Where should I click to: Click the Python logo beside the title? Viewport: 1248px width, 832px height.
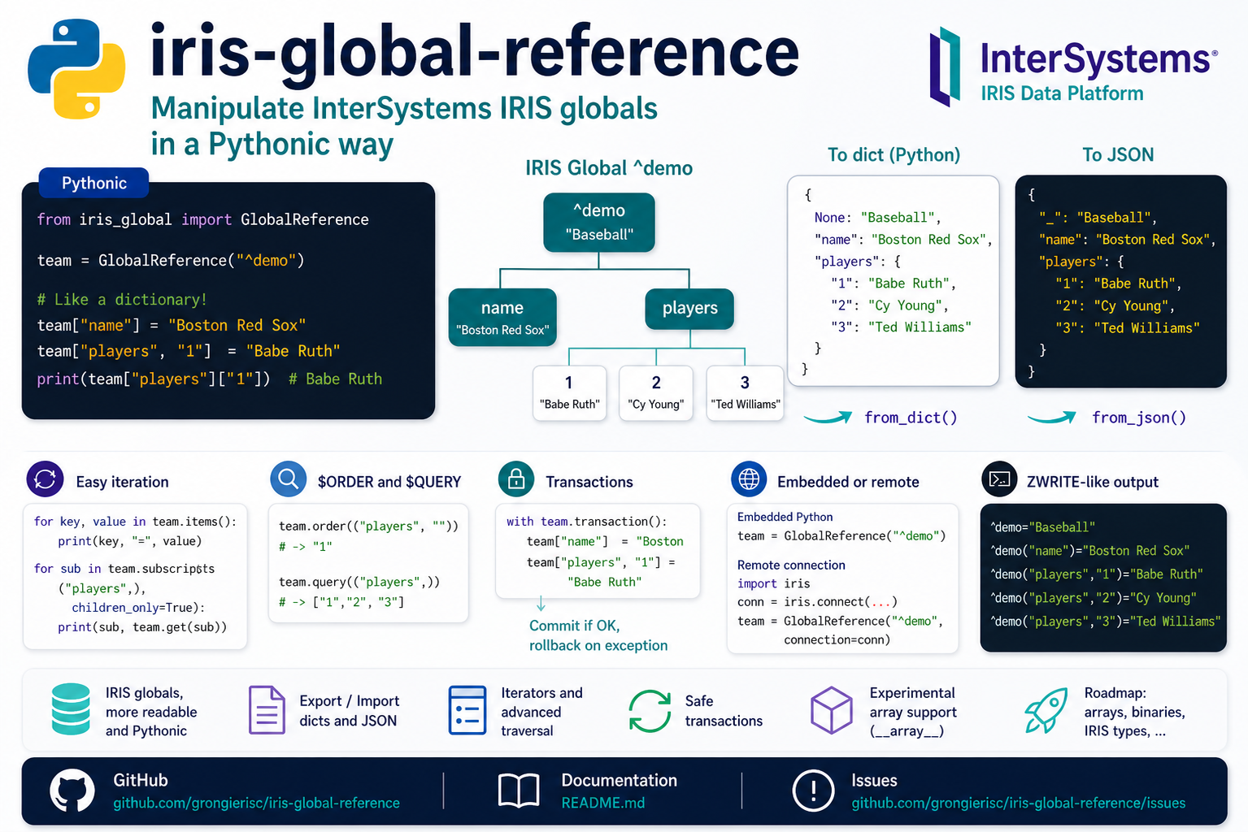point(76,69)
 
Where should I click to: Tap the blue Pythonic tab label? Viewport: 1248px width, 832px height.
point(93,183)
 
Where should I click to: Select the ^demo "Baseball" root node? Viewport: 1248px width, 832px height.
point(599,222)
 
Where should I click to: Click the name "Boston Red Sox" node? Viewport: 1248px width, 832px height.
point(502,318)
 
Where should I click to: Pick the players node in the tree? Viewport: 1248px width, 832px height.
point(689,309)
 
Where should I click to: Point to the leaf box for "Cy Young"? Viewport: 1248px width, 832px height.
point(656,392)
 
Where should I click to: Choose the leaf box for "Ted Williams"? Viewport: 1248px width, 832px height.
point(745,392)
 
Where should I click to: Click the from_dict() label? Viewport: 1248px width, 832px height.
point(911,418)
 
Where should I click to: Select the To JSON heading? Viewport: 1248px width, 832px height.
point(1118,155)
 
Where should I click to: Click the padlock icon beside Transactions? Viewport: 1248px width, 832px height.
point(516,479)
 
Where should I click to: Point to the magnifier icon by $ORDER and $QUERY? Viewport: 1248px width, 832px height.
point(288,479)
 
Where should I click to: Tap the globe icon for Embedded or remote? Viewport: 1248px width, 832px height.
point(749,479)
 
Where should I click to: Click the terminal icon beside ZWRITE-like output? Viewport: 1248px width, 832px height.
point(999,479)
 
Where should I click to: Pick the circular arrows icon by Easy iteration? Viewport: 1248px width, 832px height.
point(45,479)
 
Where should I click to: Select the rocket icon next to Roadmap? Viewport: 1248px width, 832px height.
point(1046,710)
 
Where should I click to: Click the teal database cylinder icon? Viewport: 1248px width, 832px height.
point(71,709)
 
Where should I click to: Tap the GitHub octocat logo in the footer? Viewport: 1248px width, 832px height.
point(72,791)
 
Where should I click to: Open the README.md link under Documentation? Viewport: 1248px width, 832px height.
point(602,803)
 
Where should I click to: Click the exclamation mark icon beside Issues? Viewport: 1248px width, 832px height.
point(813,791)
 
